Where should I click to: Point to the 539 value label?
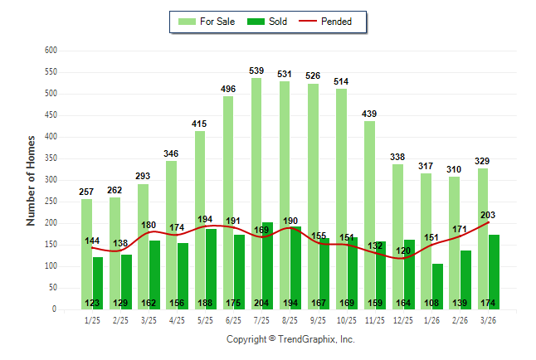click(256, 71)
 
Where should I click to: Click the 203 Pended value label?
click(488, 214)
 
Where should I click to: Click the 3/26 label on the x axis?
click(490, 319)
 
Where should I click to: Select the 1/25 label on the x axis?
click(92, 319)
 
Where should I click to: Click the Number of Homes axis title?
click(32, 180)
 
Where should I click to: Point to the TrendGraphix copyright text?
click(290, 339)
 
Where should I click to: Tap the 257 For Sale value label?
click(86, 192)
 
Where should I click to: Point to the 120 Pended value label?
click(402, 251)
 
